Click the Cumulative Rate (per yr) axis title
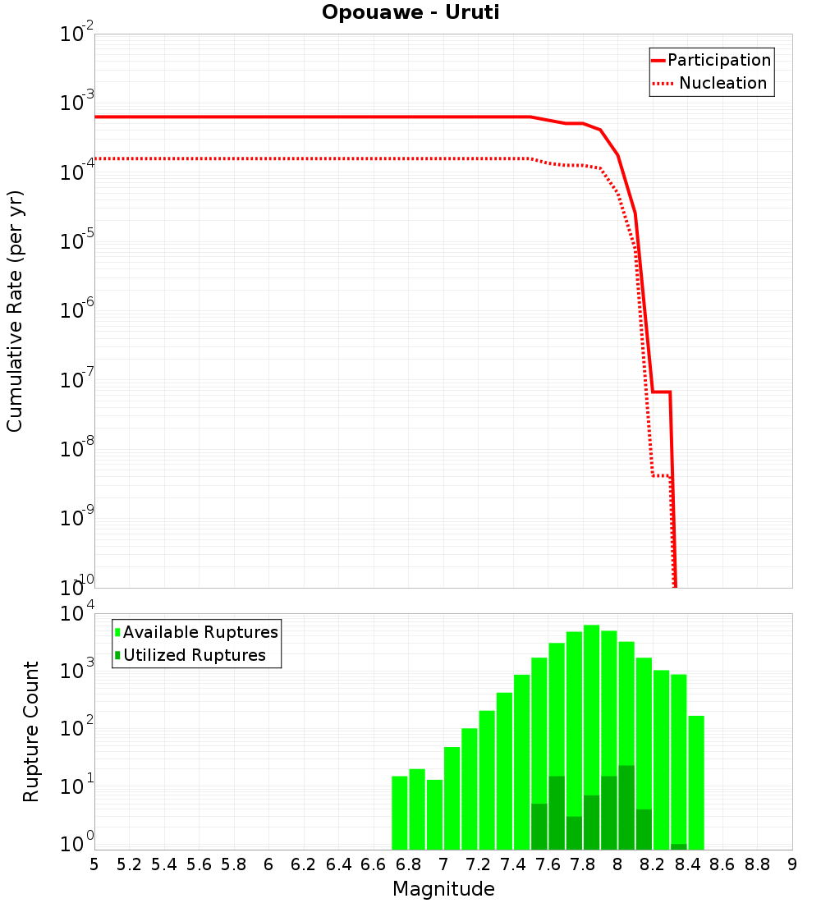tap(15, 311)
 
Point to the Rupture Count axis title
tap(31, 731)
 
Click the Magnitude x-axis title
tap(443, 889)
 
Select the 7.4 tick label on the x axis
tap(513, 864)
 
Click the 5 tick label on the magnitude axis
tap(94, 864)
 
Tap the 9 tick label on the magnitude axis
tap(792, 864)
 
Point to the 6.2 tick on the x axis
tap(304, 864)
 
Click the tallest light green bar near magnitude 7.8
tap(592, 722)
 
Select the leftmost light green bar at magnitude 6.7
tap(400, 813)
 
